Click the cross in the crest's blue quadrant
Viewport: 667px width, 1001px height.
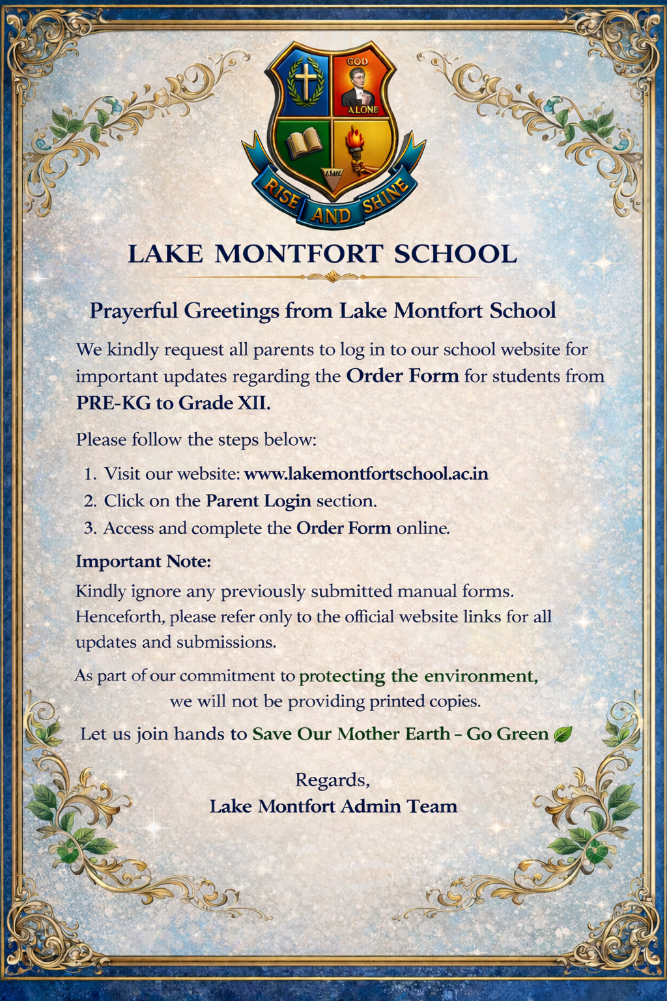(x=305, y=81)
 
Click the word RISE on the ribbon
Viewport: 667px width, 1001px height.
(x=280, y=194)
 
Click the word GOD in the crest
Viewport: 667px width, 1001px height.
(x=357, y=61)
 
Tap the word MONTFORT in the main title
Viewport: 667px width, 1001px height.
(x=298, y=254)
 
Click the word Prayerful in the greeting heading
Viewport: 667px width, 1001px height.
(x=134, y=311)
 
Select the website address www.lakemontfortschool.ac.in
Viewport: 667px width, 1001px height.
(x=366, y=474)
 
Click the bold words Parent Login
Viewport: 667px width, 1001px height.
(x=259, y=500)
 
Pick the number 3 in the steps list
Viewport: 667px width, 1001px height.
(x=89, y=528)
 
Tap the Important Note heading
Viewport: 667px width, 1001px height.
(x=143, y=561)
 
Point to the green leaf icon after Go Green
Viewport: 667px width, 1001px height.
(x=561, y=734)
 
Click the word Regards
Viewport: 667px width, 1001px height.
(x=333, y=780)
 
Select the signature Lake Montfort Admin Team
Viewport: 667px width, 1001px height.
(x=333, y=807)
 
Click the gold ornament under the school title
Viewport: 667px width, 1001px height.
(x=333, y=277)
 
